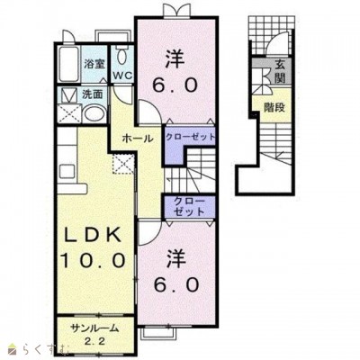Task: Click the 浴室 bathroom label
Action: click(94, 64)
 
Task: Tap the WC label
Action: click(122, 76)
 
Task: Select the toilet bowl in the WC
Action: click(121, 56)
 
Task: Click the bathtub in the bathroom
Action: click(68, 64)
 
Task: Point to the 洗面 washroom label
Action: click(93, 94)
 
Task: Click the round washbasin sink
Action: click(94, 114)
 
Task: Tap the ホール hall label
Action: click(138, 139)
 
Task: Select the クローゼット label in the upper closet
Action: click(191, 137)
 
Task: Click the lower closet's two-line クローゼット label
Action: click(189, 207)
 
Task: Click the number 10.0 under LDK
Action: click(93, 259)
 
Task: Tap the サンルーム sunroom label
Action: click(94, 329)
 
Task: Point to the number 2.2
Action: click(94, 342)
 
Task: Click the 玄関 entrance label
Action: click(279, 72)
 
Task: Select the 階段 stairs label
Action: click(274, 107)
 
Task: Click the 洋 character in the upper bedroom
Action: click(175, 59)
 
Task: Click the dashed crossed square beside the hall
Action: click(123, 164)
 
